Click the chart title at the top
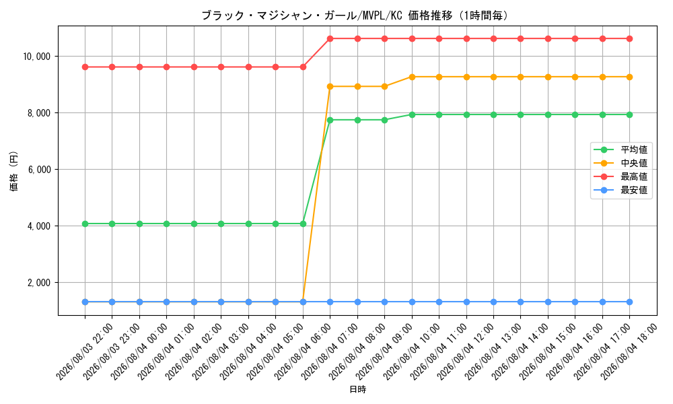pyautogui.click(x=356, y=15)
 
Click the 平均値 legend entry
pyautogui.click(x=621, y=150)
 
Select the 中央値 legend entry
pyautogui.click(x=621, y=163)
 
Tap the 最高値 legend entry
pyautogui.click(x=621, y=176)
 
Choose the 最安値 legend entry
pyautogui.click(x=621, y=190)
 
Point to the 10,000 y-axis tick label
pyautogui.click(x=36, y=57)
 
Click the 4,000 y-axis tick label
pyautogui.click(x=39, y=226)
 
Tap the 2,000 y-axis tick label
pyautogui.click(x=39, y=283)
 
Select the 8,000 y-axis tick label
pyautogui.click(x=39, y=113)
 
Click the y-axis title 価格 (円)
pyautogui.click(x=14, y=171)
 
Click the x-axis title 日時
pyautogui.click(x=357, y=389)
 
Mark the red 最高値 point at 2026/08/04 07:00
pyautogui.click(x=330, y=38)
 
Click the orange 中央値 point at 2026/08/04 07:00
pyautogui.click(x=330, y=86)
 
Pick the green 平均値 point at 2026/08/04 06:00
pyautogui.click(x=303, y=224)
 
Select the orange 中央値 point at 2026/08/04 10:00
pyautogui.click(x=412, y=77)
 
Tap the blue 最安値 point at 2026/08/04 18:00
pyautogui.click(x=630, y=302)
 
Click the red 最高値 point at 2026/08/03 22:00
pyautogui.click(x=85, y=67)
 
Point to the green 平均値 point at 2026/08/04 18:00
pyautogui.click(x=630, y=114)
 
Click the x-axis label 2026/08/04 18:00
pyautogui.click(x=629, y=352)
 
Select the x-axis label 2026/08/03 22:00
pyautogui.click(x=84, y=352)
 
